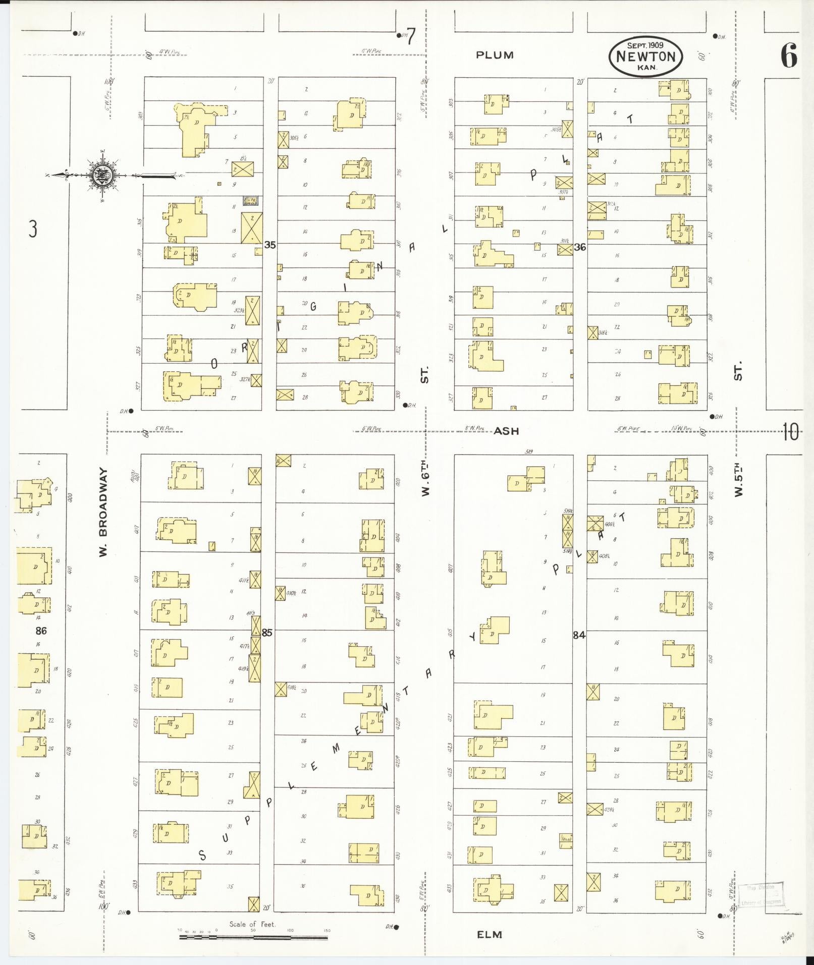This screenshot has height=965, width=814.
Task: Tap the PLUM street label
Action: [x=494, y=55]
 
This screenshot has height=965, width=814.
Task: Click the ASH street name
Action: [x=506, y=431]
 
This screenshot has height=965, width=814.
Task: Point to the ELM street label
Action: [x=490, y=934]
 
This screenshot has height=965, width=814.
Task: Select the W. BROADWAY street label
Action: [x=103, y=513]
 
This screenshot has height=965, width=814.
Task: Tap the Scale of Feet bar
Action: [x=253, y=937]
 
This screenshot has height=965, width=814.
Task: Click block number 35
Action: [x=270, y=245]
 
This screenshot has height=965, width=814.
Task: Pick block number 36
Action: [x=580, y=247]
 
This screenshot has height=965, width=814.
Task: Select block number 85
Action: [x=267, y=633]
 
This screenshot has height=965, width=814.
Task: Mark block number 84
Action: [x=579, y=635]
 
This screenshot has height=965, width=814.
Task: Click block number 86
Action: [x=41, y=630]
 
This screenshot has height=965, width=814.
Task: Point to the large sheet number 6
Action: [x=789, y=56]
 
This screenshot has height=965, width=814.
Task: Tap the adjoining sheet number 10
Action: [x=790, y=432]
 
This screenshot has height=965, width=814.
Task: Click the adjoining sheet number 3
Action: [x=33, y=230]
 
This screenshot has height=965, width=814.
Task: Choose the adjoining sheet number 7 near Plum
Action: [x=411, y=37]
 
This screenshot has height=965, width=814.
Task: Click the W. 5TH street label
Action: [x=738, y=479]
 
